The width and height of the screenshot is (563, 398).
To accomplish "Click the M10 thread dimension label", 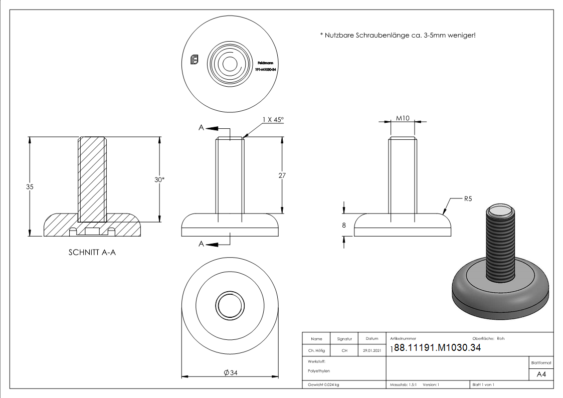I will coord(403,118).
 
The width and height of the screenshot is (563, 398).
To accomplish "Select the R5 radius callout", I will coord(468,199).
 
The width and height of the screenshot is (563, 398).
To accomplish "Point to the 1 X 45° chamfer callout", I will coord(273,119).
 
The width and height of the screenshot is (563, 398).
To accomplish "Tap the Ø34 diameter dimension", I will coord(230,372).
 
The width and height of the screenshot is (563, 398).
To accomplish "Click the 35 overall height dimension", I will coord(30,186).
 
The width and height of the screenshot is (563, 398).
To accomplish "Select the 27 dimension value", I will coord(282,175).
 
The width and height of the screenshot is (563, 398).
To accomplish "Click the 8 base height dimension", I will coord(344,226).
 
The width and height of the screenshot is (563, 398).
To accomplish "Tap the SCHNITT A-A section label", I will coord(92,253).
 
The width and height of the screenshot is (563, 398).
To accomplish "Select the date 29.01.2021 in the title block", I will coord(371,351).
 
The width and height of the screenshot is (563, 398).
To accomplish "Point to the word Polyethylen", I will coord(319,371).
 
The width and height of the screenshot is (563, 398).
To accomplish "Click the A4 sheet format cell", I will coord(541,374).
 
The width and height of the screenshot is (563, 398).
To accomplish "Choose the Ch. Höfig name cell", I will coord(316,351).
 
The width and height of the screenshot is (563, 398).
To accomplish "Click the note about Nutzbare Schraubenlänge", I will coord(397,35).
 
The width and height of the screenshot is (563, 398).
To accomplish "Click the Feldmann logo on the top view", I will coord(195,60).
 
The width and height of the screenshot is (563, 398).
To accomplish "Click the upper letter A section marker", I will coord(201,128).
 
